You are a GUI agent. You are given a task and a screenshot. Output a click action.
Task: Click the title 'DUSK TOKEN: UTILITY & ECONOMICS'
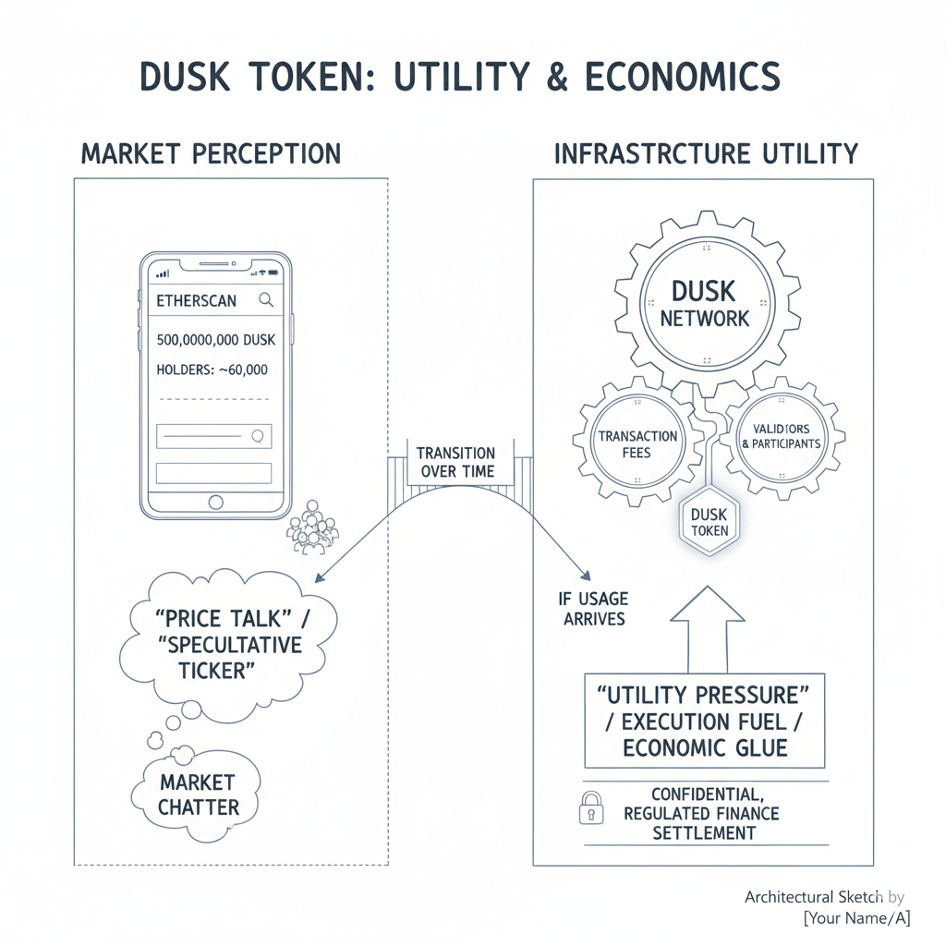460,77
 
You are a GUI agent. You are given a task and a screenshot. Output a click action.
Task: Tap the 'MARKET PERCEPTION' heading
211,153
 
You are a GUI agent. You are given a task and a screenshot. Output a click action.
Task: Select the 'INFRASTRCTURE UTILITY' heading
706,153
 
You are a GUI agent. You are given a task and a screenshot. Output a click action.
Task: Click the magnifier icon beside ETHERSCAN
266,299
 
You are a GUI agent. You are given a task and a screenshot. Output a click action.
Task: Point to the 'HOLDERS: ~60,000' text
212,370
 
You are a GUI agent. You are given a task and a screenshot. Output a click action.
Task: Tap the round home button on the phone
215,502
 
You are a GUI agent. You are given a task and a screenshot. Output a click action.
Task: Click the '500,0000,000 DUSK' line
216,340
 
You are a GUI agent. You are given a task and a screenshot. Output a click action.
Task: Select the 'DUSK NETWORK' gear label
704,305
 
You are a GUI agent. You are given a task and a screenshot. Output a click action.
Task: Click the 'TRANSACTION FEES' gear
637,444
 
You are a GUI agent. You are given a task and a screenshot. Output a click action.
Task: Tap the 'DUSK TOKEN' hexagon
709,523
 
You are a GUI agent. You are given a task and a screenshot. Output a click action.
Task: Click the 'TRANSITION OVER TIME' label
455,462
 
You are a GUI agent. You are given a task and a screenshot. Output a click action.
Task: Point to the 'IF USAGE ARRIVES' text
594,609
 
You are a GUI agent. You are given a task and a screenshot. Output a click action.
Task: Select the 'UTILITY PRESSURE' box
705,721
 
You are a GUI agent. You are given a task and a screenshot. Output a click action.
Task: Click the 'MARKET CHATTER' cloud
198,794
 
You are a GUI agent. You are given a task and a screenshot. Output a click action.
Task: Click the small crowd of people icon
313,529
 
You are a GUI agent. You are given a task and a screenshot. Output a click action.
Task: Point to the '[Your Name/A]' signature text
856,917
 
